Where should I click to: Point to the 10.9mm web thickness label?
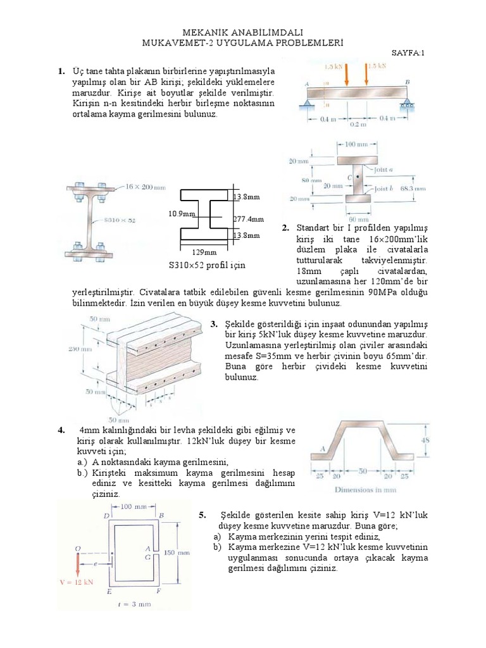[x=181, y=213]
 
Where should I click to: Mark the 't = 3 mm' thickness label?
[x=135, y=604]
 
